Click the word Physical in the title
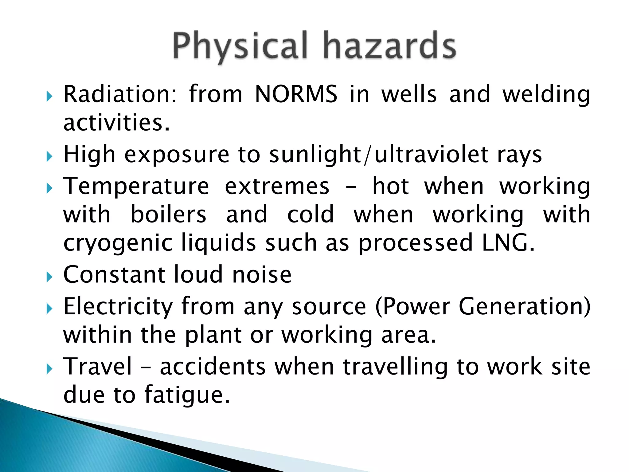pos(240,46)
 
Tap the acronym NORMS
pos(296,94)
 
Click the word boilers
pos(169,214)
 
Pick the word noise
pos(262,274)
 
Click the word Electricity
pos(118,307)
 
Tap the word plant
pos(213,335)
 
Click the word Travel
pos(98,367)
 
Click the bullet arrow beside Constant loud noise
pos(49,277)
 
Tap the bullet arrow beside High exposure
pos(49,157)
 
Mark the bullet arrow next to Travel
pos(49,369)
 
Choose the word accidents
pos(213,367)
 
